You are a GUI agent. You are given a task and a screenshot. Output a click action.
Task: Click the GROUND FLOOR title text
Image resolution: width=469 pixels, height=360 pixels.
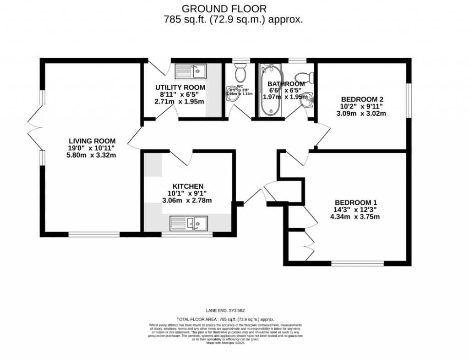pyautogui.click(x=224, y=8)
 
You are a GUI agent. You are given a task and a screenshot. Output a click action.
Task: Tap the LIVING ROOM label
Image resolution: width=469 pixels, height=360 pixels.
pyautogui.click(x=92, y=141)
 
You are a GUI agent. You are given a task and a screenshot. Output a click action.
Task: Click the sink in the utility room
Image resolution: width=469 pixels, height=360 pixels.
pyautogui.click(x=191, y=71)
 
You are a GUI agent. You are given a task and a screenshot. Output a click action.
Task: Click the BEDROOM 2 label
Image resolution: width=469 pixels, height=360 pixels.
pyautogui.click(x=362, y=99)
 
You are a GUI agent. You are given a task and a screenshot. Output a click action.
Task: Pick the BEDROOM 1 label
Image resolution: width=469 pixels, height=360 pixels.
pyautogui.click(x=356, y=202)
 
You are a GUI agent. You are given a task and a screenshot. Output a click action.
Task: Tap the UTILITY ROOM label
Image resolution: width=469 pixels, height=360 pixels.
pyautogui.click(x=180, y=87)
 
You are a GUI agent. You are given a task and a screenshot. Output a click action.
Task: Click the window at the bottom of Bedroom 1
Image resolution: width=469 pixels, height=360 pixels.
pyautogui.click(x=358, y=263)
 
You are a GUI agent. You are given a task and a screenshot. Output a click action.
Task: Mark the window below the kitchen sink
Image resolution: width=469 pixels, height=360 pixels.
pyautogui.click(x=187, y=234)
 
